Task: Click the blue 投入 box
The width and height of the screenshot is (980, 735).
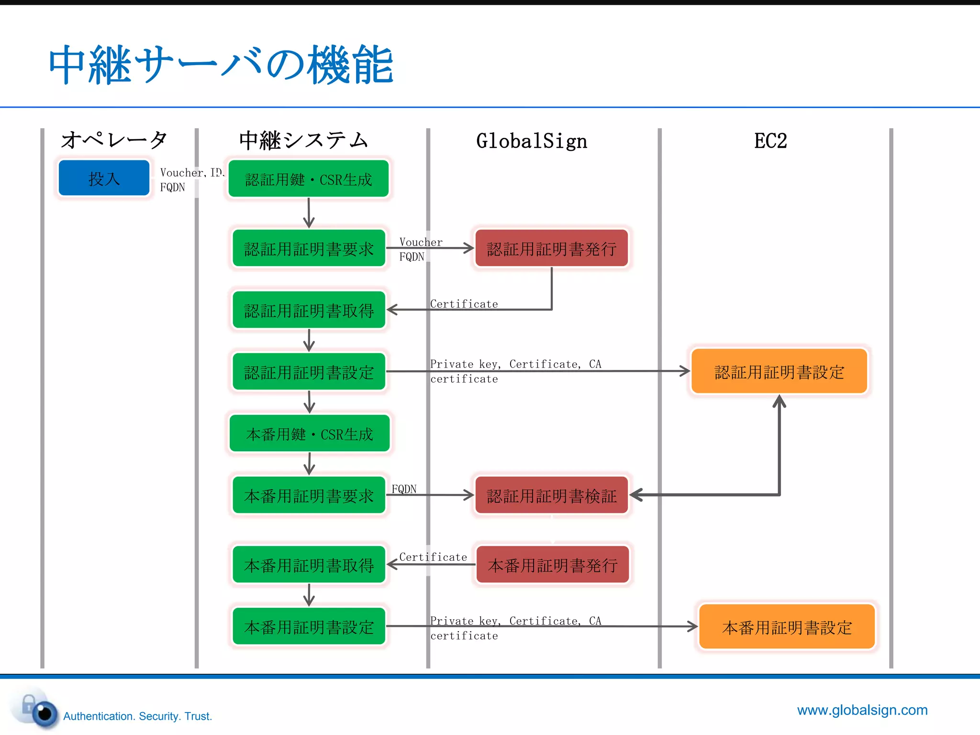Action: click(104, 178)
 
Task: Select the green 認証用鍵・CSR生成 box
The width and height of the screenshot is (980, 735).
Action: click(308, 179)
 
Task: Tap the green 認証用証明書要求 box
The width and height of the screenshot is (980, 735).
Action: click(309, 248)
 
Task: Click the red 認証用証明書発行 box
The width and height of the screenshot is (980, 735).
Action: click(551, 248)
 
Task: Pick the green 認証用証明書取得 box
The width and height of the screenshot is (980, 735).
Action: click(309, 310)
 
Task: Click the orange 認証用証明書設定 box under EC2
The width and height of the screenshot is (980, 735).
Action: click(779, 371)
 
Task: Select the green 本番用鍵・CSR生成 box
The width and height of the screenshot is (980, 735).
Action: click(309, 434)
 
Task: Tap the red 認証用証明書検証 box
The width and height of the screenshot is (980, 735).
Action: click(551, 495)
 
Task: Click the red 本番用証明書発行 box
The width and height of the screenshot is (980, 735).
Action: click(553, 565)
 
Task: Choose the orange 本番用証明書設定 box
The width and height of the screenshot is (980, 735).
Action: click(787, 626)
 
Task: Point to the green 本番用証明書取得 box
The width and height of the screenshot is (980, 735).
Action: click(309, 565)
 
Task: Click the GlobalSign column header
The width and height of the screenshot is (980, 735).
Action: click(531, 141)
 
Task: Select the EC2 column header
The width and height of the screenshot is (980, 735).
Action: click(770, 141)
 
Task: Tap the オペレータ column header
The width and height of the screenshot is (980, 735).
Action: click(114, 140)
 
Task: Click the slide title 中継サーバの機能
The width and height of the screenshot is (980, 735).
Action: click(221, 65)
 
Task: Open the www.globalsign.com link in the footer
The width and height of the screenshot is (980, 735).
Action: click(862, 710)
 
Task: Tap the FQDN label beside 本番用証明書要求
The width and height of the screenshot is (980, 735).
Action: click(404, 489)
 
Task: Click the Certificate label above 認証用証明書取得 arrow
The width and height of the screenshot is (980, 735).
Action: click(464, 304)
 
